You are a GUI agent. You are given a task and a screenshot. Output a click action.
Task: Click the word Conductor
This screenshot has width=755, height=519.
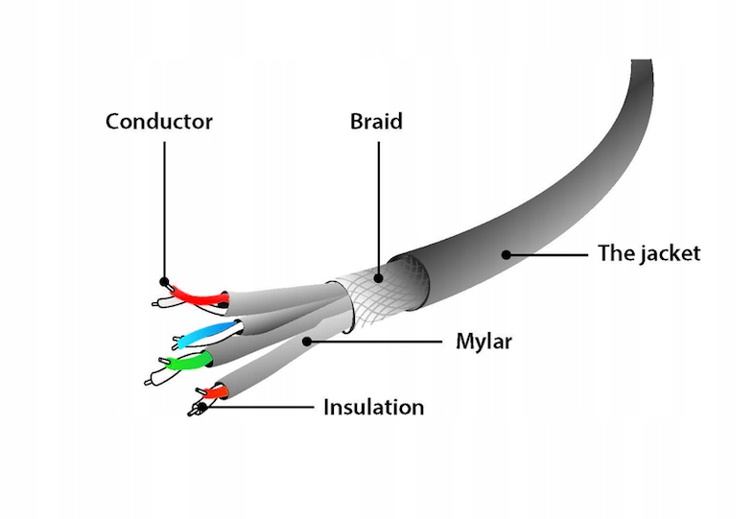click(x=158, y=122)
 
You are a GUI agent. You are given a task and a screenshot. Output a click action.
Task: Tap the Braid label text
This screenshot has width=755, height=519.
click(x=376, y=122)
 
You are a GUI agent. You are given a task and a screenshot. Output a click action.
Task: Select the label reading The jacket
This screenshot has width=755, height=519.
click(x=649, y=253)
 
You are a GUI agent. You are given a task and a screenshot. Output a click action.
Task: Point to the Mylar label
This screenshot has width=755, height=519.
click(x=484, y=341)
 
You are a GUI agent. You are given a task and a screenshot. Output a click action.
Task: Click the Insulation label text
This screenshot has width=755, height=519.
click(x=373, y=407)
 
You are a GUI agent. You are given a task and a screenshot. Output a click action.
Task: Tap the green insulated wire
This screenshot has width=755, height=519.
click(x=186, y=362)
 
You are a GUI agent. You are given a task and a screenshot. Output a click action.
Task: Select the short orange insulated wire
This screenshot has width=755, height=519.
click(x=213, y=391)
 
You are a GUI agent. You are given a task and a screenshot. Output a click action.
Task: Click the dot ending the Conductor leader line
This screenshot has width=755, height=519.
click(x=164, y=283)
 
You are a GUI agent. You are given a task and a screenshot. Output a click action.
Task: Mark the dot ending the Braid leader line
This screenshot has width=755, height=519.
click(x=378, y=279)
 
